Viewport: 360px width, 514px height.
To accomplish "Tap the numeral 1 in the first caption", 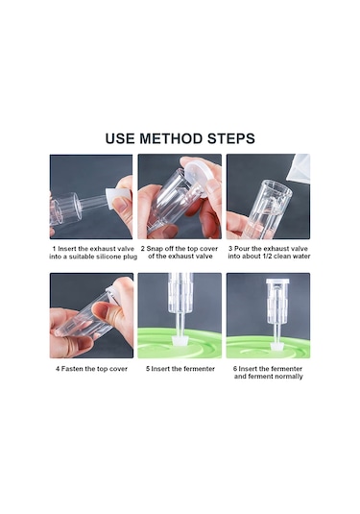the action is tap(54, 249).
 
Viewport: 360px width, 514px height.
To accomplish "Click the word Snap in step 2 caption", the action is tap(154, 249).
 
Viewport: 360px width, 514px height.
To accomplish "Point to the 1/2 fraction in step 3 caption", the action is tap(265, 257).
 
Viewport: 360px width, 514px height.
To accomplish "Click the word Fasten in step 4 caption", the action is tap(72, 369).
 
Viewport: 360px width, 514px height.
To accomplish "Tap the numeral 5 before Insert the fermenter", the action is tap(148, 369).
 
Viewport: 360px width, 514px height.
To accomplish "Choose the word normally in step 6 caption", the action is tap(289, 377).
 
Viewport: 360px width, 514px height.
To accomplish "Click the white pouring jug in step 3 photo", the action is tap(299, 168).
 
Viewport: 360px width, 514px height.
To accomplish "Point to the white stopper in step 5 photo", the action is tap(180, 339).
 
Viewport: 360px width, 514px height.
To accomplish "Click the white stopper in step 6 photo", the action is tap(277, 347).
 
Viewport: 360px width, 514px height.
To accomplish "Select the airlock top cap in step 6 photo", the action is tap(277, 281).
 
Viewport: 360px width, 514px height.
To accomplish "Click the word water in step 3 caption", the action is tap(301, 257).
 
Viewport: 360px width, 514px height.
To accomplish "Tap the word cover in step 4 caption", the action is tap(118, 369).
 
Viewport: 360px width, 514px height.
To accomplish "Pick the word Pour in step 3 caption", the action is tap(241, 249).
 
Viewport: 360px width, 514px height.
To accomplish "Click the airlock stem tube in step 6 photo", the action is tap(277, 332).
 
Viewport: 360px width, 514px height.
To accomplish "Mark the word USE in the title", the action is tap(120, 138).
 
